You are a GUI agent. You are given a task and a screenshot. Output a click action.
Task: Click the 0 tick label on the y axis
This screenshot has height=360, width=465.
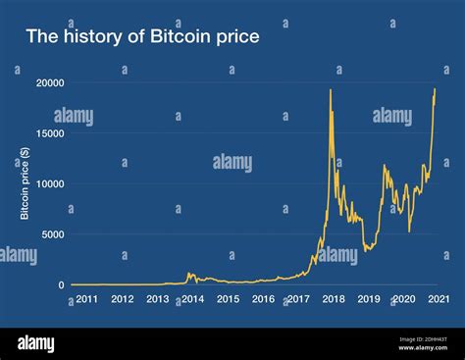point(60,285)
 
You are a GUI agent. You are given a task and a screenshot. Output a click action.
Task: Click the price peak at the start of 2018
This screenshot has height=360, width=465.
point(331,90)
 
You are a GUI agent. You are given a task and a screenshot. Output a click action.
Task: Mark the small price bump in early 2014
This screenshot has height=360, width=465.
point(189,274)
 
